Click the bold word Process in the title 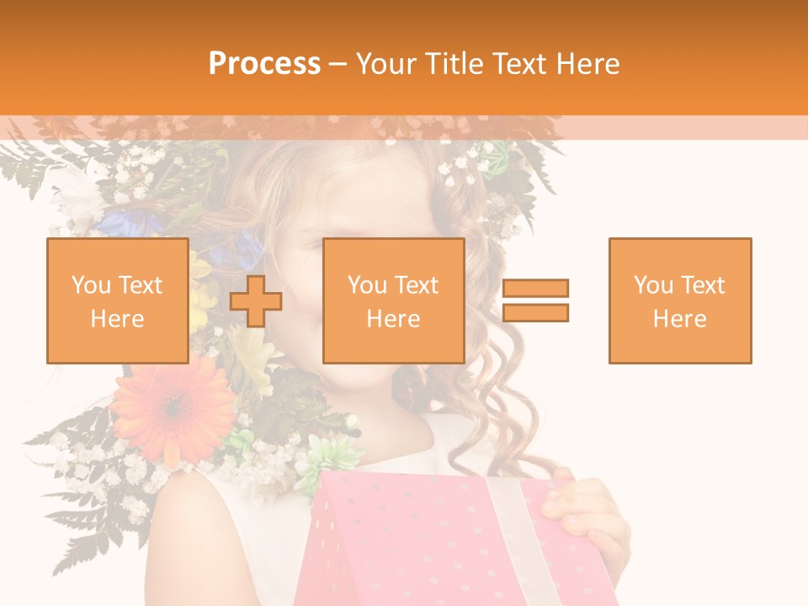(264, 64)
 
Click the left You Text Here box (117, 300)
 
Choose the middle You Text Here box (393, 300)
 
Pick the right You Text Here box (679, 300)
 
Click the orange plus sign (256, 300)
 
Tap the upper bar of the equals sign (535, 289)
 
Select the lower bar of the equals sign (535, 312)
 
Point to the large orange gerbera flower (173, 407)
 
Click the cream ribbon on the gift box (513, 539)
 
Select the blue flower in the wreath (126, 223)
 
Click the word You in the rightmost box (654, 285)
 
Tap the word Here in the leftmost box (117, 319)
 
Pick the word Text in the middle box (417, 285)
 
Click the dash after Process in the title (338, 64)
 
